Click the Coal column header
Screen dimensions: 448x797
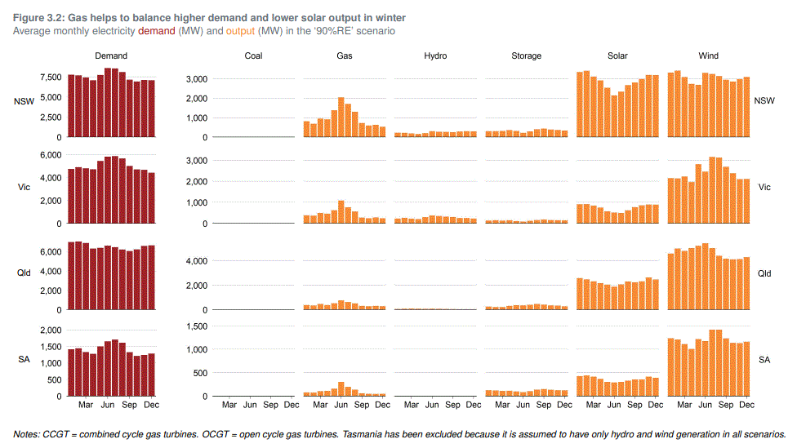pyautogui.click(x=253, y=56)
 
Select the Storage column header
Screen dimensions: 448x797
pyautogui.click(x=526, y=56)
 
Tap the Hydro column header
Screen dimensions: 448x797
pyautogui.click(x=435, y=56)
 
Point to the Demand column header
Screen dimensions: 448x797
pyautogui.click(x=111, y=56)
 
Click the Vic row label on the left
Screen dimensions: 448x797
pyautogui.click(x=24, y=188)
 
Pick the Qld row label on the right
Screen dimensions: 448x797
pyautogui.click(x=764, y=273)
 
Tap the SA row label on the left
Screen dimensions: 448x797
pyautogui.click(x=24, y=359)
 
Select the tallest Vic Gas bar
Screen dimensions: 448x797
pyautogui.click(x=341, y=211)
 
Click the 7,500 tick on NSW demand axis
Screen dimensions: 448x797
pyautogui.click(x=49, y=78)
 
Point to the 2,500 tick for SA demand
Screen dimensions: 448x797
pyautogui.click(x=49, y=330)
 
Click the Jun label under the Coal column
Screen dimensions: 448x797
pyautogui.click(x=250, y=404)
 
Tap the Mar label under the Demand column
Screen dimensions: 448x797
pyautogui.click(x=86, y=404)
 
